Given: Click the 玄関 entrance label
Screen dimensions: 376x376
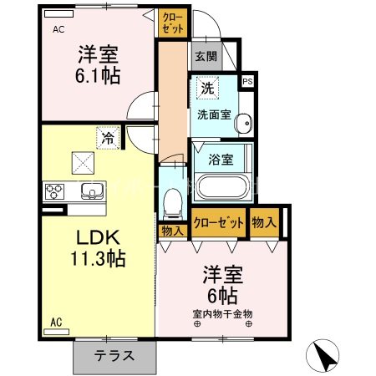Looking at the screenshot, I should (x=206, y=57).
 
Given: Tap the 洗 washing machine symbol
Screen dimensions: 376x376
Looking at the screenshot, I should (x=206, y=87).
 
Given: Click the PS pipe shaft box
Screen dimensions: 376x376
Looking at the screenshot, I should (x=246, y=82).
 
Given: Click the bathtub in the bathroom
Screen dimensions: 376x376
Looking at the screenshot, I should (x=221, y=185).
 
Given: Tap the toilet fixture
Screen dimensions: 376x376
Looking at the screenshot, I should (x=173, y=201).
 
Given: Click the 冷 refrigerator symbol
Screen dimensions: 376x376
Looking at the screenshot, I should (x=108, y=136).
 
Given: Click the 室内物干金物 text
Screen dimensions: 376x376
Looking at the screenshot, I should (x=222, y=313).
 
